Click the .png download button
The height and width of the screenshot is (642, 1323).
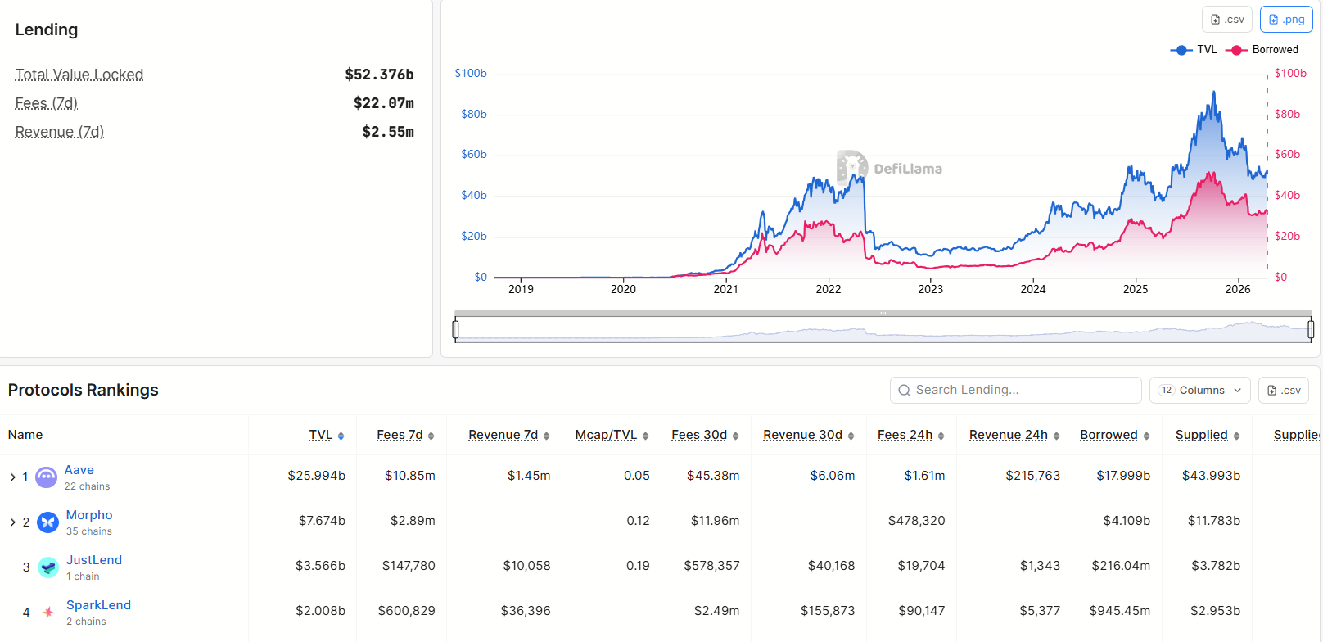click(x=1286, y=20)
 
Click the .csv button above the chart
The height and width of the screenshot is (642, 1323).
click(x=1226, y=20)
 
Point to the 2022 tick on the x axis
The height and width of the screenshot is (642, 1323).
click(x=828, y=289)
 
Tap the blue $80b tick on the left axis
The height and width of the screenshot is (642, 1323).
click(x=474, y=114)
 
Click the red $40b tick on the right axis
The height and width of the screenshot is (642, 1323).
click(x=1287, y=195)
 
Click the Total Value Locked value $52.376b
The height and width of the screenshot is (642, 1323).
click(x=379, y=75)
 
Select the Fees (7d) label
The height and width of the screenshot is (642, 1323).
click(x=47, y=103)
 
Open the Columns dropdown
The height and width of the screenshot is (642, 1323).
click(x=1201, y=390)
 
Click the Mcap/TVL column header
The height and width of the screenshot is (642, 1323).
click(x=606, y=435)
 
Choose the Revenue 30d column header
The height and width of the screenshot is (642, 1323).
click(x=802, y=435)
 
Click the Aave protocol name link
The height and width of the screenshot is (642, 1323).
click(x=79, y=470)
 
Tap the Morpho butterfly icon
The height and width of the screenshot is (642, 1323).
click(x=48, y=522)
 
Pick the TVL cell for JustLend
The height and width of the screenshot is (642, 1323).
click(x=320, y=566)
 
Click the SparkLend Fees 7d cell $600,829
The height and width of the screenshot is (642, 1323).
click(x=406, y=611)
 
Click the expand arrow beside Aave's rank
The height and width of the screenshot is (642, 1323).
click(x=12, y=477)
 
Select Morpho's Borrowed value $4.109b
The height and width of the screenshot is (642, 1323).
click(x=1126, y=521)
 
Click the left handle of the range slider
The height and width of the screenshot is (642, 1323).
click(x=456, y=329)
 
